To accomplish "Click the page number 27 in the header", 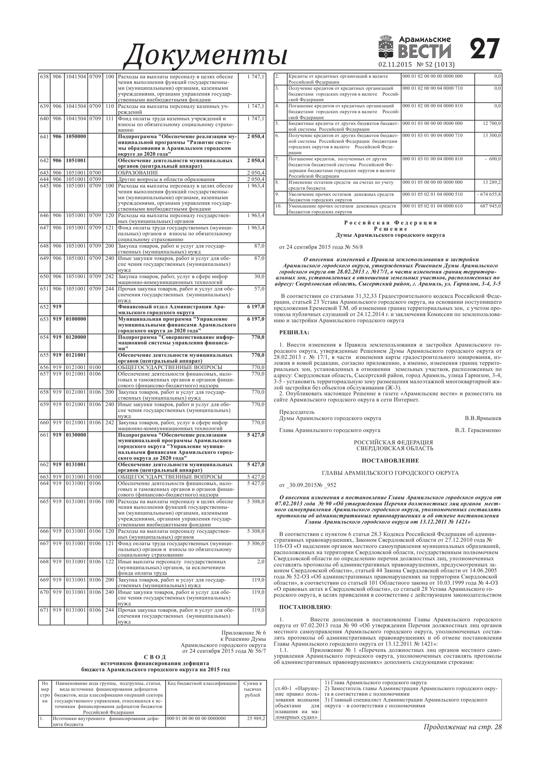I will point(485,49).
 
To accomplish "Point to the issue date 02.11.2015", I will point(395,65).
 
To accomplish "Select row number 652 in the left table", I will point(44,306).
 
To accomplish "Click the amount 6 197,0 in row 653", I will point(256,319).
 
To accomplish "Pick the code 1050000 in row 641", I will point(75,137).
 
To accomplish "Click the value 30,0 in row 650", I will point(260,277).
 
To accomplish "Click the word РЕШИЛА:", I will point(294,332).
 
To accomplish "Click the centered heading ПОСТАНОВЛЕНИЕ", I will point(390,461).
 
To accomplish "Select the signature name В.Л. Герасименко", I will point(478,430).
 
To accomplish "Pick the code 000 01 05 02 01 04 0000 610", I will point(432,206).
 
